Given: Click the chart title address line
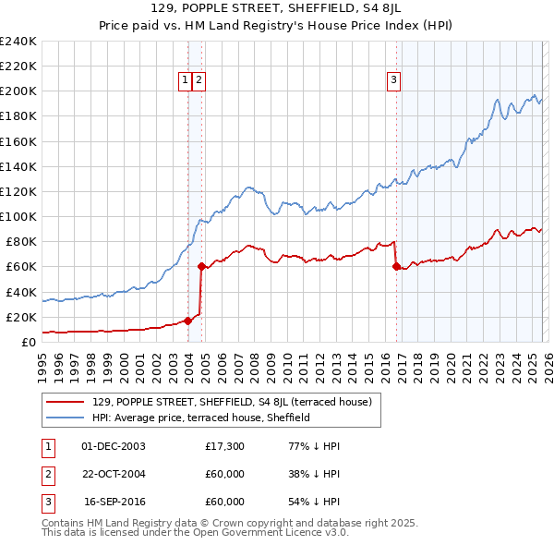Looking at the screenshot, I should point(276,8).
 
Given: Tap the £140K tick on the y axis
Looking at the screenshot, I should point(18,166).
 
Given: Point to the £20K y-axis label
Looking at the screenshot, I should point(21,317).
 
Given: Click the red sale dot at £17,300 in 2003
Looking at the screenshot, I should point(187,321).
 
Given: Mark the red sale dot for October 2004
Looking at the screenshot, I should point(201,266).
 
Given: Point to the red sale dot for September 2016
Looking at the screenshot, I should point(396,266).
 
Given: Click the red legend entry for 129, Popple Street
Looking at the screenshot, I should point(232,402).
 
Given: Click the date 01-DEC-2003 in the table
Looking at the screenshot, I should point(114,446).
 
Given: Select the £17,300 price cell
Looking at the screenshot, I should point(224,446).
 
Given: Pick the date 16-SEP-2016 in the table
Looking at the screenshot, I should point(114,502).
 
